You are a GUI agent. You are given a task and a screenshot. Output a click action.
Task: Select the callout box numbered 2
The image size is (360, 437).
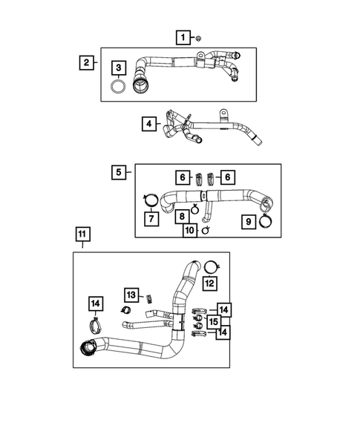tap(87, 62)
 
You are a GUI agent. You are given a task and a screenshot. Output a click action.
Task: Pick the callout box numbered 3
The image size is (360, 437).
tap(118, 69)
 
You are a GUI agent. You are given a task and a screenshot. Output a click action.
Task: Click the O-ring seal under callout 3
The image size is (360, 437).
tap(118, 88)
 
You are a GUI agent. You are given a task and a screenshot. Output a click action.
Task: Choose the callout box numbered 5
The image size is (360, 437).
tap(119, 173)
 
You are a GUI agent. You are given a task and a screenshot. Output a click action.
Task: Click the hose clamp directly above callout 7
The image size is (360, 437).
tap(150, 199)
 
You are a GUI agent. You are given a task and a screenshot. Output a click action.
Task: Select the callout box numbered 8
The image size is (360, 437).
tap(181, 217)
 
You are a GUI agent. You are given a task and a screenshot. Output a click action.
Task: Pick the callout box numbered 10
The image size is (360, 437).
tap(189, 231)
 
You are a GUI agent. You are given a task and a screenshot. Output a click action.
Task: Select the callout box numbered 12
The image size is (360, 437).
tap(210, 283)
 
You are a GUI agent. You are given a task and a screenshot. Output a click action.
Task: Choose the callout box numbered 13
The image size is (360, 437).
tap(131, 295)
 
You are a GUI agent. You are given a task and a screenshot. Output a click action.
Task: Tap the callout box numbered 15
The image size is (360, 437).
tap(213, 321)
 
